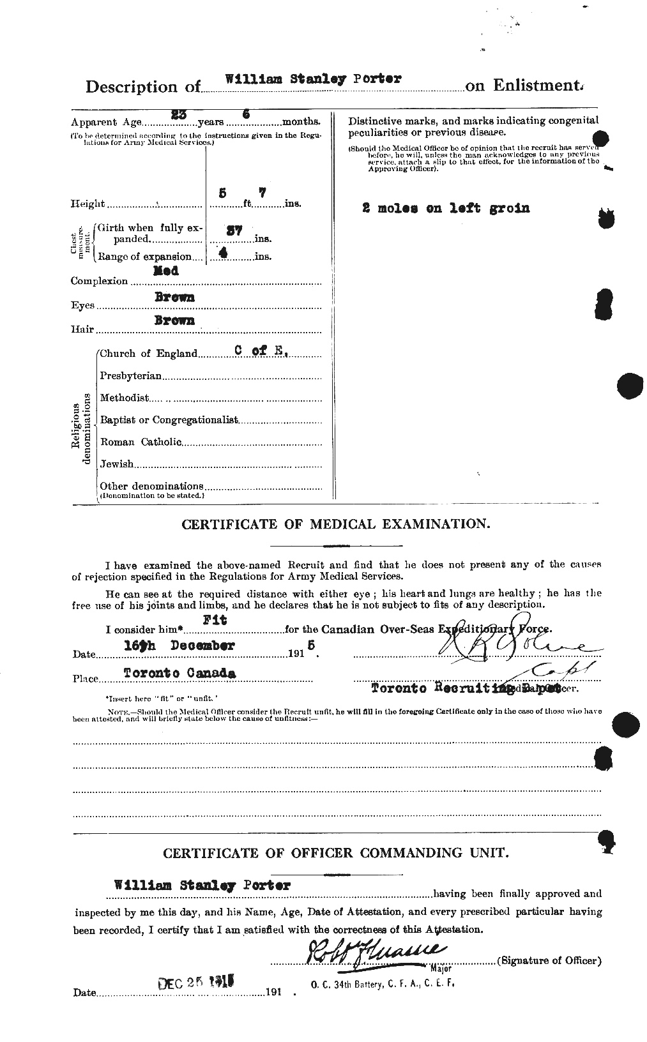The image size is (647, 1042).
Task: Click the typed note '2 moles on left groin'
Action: [x=445, y=208]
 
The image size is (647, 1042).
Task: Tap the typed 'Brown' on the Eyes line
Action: [x=174, y=297]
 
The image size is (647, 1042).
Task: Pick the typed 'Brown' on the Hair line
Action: [x=174, y=321]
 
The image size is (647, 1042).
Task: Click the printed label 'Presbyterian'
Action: [x=131, y=376]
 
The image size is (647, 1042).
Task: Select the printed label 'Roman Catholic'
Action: [x=141, y=442]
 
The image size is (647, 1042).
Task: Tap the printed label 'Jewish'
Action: [x=117, y=464]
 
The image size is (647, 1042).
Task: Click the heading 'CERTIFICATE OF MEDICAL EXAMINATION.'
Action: [x=336, y=524]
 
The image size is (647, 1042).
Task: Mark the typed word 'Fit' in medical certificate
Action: [x=215, y=619]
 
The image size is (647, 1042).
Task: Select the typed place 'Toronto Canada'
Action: [x=179, y=673]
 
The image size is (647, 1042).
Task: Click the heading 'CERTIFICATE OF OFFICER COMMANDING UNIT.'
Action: [x=336, y=854]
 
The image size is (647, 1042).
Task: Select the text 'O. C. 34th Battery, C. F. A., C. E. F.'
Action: [x=382, y=984]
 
